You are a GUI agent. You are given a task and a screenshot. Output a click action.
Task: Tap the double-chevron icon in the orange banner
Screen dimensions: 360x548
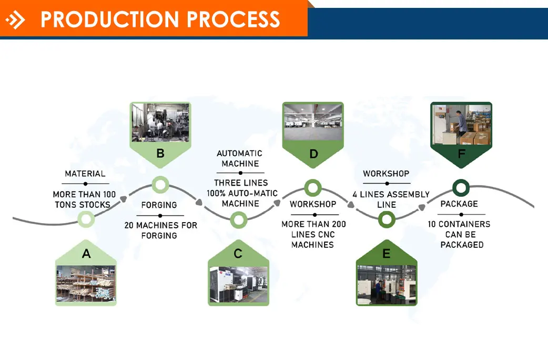(16, 20)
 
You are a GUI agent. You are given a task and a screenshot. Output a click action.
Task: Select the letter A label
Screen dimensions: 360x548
(86, 254)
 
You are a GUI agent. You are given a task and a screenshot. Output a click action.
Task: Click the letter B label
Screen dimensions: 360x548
(160, 154)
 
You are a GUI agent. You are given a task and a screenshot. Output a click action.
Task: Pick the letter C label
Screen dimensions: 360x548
(238, 254)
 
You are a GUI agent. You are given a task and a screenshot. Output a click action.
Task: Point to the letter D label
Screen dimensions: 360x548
(313, 154)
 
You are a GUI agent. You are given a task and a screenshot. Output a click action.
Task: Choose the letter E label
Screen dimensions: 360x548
(387, 254)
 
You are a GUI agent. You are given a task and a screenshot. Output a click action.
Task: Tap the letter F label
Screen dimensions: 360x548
(461, 154)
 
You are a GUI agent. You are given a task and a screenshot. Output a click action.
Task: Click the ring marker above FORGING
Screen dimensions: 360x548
(160, 184)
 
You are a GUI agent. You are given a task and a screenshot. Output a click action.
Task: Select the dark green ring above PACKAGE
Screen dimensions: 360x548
(461, 187)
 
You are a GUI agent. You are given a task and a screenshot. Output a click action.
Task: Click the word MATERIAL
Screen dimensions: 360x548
(85, 174)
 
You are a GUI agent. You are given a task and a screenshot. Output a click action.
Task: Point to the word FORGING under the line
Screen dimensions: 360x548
(159, 205)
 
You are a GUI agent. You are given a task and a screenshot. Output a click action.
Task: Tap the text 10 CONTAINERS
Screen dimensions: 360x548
(459, 224)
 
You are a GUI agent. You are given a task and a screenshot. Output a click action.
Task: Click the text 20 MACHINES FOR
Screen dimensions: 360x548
(160, 225)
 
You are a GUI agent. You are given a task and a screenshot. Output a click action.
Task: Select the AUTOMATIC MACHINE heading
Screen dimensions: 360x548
(239, 158)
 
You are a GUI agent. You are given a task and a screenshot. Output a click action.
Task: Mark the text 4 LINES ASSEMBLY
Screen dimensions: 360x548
(391, 195)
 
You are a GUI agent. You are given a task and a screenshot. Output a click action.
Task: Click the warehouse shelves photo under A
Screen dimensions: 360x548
(86, 284)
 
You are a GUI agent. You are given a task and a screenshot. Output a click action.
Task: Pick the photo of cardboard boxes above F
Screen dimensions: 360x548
(461, 124)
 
